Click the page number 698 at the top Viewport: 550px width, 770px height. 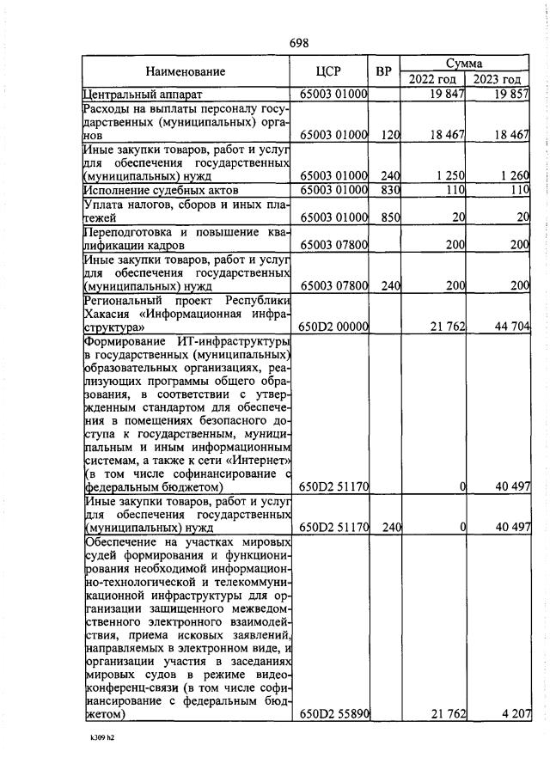click(299, 43)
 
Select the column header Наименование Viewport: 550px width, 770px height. click(185, 71)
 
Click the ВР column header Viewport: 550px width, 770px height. click(384, 71)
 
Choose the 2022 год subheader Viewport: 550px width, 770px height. click(432, 80)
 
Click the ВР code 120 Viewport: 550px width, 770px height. click(391, 135)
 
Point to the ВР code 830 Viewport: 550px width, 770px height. click(391, 189)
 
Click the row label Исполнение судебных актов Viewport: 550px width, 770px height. click(159, 189)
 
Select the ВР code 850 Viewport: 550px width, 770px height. click(391, 218)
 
